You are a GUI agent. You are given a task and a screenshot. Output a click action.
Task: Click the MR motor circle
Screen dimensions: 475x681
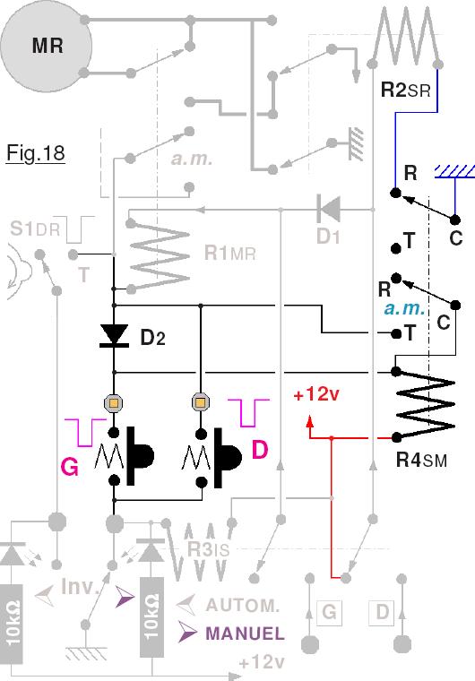point(46,46)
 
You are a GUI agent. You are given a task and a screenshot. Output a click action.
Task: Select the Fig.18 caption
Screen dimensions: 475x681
point(36,153)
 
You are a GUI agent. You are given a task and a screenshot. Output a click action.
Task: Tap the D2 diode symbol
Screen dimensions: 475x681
point(114,336)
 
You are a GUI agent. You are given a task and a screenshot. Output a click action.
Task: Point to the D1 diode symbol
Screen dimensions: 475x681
point(329,210)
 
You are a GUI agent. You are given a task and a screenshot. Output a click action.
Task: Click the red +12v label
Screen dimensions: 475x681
point(316,395)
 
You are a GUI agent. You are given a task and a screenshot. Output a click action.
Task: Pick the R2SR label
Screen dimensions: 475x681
point(405,91)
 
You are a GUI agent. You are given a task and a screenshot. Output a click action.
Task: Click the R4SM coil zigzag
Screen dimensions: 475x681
point(425,403)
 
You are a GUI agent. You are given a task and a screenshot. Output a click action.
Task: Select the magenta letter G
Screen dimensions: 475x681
point(70,468)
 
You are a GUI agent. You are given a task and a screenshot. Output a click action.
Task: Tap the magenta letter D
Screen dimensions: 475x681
point(260,450)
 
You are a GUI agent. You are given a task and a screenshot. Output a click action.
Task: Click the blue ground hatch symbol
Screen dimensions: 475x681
point(454,171)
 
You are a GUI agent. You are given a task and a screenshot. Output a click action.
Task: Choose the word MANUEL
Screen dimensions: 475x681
point(245,634)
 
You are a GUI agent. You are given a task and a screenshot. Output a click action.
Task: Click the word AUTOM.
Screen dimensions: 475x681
point(243,605)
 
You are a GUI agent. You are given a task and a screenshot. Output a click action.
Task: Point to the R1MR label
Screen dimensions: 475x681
point(230,253)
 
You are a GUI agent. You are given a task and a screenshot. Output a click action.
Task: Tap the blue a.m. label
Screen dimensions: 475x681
point(404,308)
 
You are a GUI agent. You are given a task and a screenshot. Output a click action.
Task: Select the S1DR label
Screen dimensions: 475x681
point(35,228)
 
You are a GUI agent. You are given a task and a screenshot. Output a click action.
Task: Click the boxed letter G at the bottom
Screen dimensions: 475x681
point(329,612)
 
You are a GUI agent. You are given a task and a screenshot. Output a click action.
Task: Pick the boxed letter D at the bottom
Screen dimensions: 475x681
point(382,612)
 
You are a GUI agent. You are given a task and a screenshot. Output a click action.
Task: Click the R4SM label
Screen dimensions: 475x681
point(421,460)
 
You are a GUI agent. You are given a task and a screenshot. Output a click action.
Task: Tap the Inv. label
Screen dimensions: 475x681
point(78,586)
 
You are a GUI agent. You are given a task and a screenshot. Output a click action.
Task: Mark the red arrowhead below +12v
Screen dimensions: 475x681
point(310,423)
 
